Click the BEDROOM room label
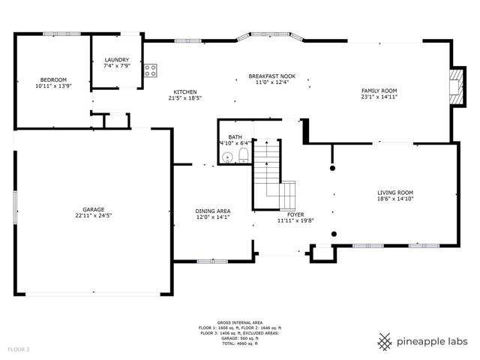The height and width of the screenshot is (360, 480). [53, 80]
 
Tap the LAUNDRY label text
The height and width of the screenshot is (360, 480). [117, 60]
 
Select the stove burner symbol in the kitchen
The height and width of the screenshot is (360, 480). [150, 70]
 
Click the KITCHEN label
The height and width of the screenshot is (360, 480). [185, 92]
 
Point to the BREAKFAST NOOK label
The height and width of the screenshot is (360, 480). [271, 76]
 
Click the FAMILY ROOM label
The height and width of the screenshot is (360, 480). [379, 91]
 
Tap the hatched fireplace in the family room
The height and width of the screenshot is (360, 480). [456, 87]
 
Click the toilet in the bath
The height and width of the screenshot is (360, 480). [243, 155]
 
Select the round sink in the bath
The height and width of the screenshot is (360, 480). [227, 157]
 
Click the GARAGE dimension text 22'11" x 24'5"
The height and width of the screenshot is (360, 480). [93, 215]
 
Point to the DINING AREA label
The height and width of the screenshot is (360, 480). [213, 211]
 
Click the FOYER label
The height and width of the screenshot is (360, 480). [295, 215]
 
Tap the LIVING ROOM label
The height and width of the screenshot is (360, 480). [395, 193]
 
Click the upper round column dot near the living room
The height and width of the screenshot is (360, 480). [332, 168]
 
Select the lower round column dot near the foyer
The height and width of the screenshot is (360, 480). [334, 234]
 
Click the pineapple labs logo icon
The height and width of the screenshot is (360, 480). [385, 342]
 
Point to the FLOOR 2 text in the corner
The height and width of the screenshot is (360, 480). [19, 349]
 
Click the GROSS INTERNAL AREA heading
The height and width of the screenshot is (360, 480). [240, 322]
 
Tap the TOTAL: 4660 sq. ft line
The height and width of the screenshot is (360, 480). [240, 343]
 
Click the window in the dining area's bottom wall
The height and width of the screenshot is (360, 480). [212, 262]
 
